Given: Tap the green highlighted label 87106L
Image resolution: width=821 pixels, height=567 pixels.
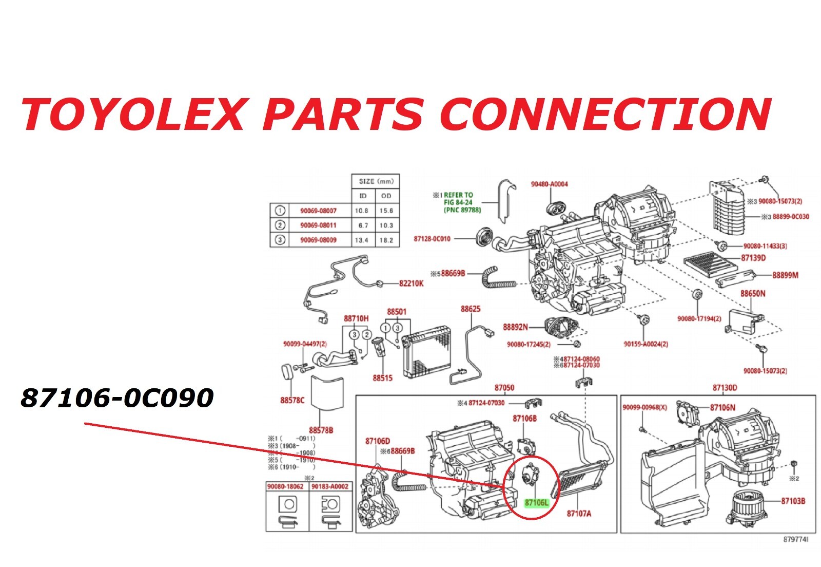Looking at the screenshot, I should coord(536,503).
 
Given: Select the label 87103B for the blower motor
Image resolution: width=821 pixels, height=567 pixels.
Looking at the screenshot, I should coord(793,501).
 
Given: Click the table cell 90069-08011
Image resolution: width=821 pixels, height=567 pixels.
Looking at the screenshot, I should coord(318,225).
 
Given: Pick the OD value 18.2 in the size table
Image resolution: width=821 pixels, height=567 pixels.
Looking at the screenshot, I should coord(386,240).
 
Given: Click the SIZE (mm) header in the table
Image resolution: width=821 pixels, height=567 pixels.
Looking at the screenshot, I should coord(376,181).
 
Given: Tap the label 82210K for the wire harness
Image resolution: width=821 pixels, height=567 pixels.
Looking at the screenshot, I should coord(411,283).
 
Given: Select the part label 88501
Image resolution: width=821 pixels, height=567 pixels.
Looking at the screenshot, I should coord(396,312).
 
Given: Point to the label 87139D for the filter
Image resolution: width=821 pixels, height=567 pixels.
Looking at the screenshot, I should coord(753,258).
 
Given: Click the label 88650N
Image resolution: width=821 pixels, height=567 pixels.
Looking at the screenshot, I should coord(752,294).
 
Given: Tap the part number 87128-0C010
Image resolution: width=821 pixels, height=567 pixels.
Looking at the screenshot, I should coord(432,239).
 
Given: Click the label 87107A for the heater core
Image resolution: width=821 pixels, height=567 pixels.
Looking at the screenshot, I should coord(578,513).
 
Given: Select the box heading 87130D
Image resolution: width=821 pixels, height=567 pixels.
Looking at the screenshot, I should coord(725,388).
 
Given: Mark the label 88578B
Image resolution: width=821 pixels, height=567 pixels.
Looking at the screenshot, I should coord(321,430).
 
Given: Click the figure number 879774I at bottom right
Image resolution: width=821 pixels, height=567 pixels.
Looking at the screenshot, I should coord(795,539).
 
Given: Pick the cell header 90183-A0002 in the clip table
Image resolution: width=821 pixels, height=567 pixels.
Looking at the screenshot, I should coord(331,486).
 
